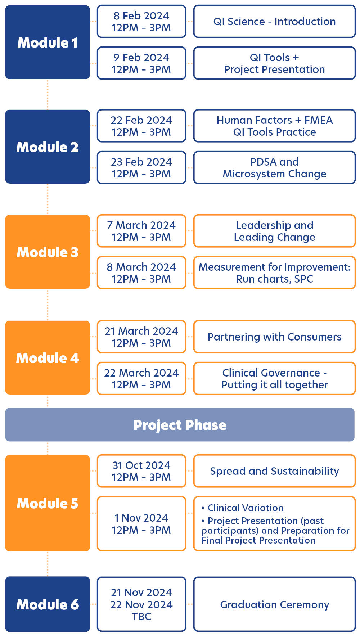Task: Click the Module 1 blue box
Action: tap(48, 42)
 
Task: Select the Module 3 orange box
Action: tap(48, 252)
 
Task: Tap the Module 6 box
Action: tap(48, 604)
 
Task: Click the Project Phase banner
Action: tap(180, 425)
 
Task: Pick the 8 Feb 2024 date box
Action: tap(141, 22)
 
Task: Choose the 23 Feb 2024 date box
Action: tap(141, 168)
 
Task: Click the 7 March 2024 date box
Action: tap(141, 231)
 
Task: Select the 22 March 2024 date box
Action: tap(141, 379)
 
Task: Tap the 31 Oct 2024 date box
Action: tap(141, 471)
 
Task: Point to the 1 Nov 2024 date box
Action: tap(141, 524)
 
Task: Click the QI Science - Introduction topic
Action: tap(275, 22)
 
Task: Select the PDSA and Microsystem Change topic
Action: tap(275, 168)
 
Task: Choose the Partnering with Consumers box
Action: tap(275, 337)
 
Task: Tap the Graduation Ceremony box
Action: tap(275, 604)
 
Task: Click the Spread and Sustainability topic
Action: tap(275, 471)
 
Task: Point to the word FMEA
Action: tap(319, 120)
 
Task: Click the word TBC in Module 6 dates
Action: tap(141, 617)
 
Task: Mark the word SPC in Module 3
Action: tap(303, 279)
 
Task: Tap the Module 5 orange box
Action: tap(48, 503)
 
